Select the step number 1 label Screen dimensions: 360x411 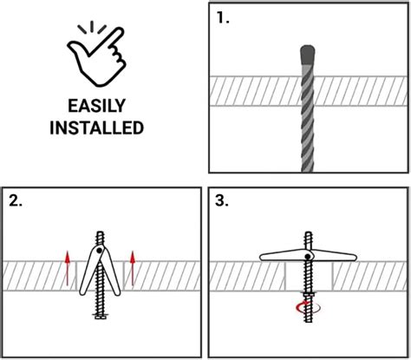[224, 16]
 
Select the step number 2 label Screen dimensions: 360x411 [16, 202]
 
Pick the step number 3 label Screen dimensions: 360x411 [224, 202]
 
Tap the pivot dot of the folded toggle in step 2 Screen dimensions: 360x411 [101, 252]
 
